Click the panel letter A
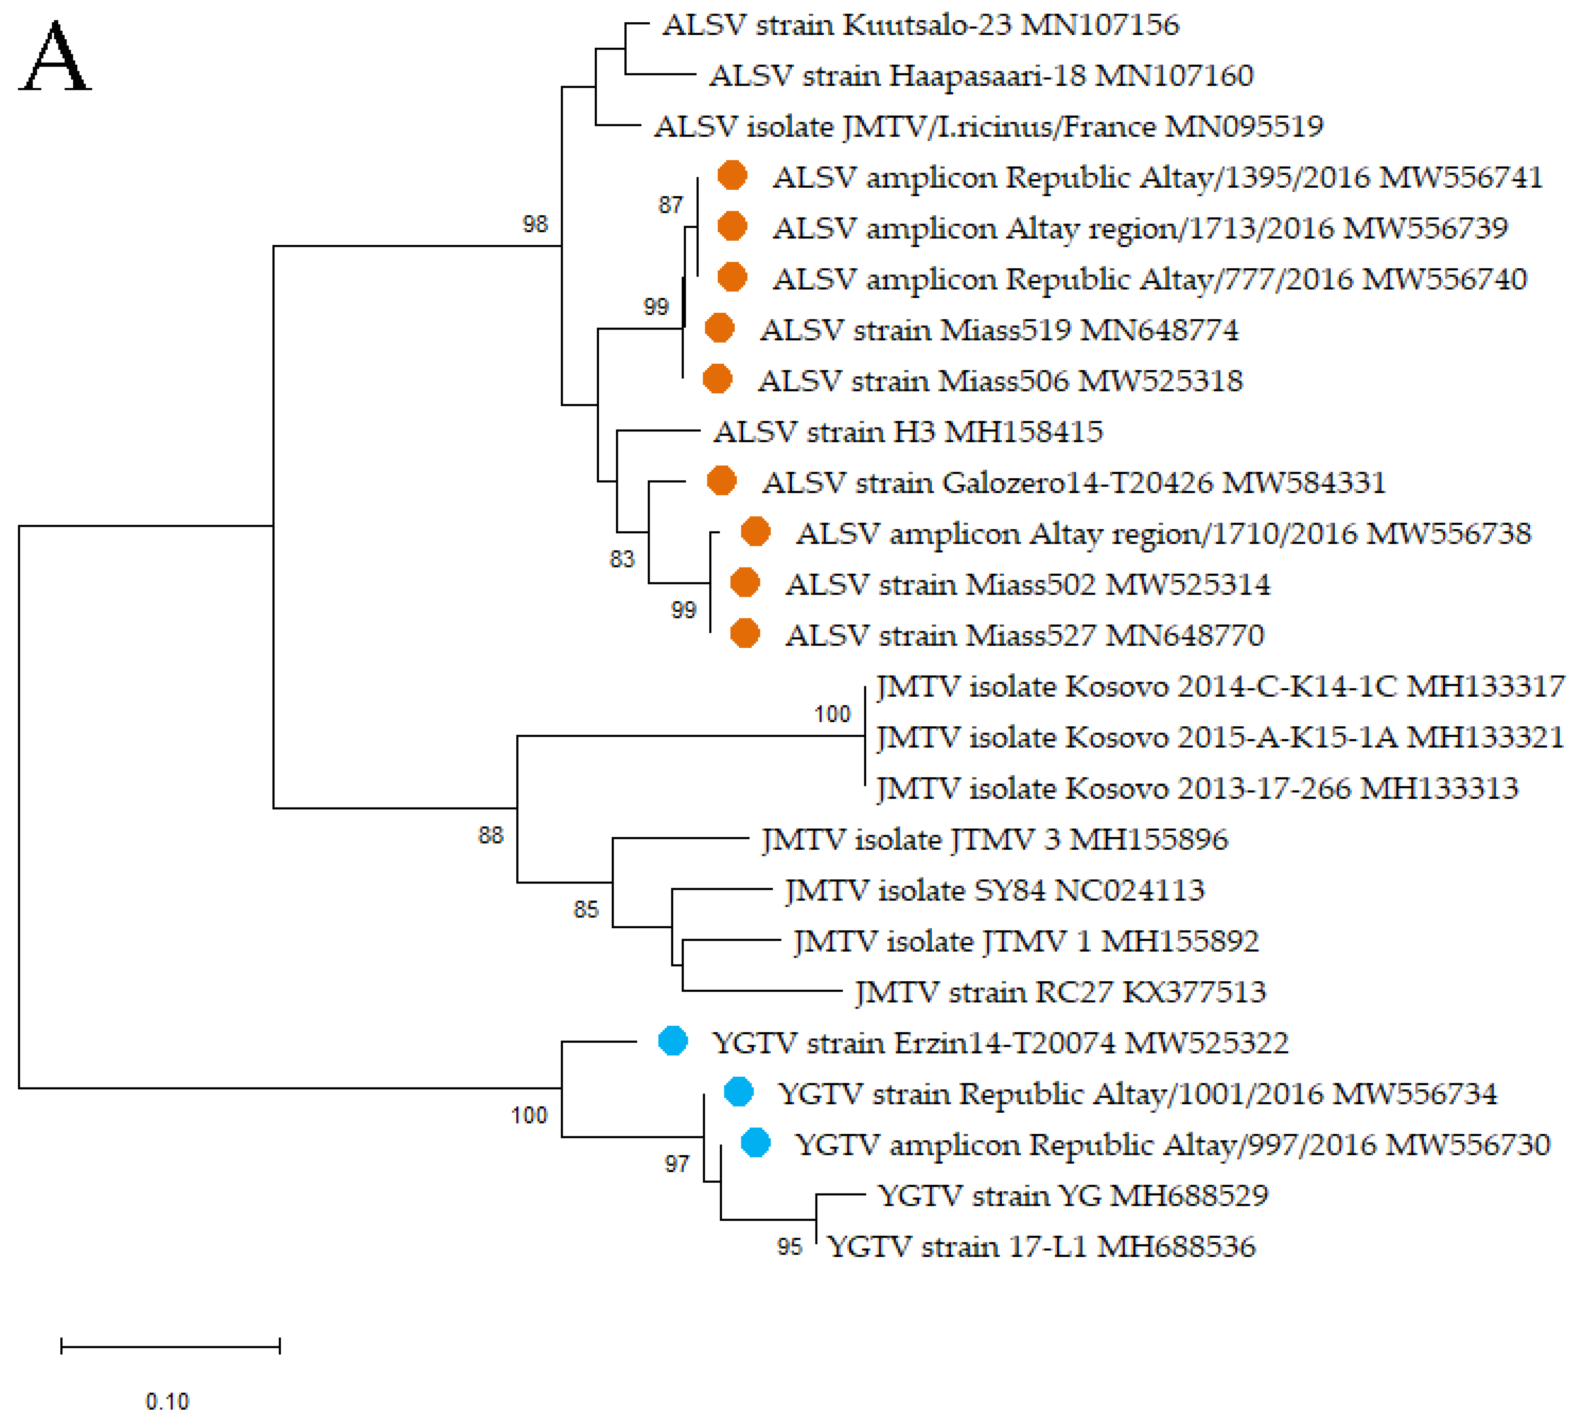[x=55, y=58]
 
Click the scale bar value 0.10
[x=167, y=1400]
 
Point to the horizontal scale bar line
[x=170, y=1345]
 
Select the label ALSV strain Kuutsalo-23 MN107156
[x=920, y=25]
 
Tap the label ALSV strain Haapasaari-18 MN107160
[x=981, y=76]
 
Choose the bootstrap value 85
[x=586, y=909]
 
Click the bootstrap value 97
[x=676, y=1164]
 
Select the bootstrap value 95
[x=790, y=1247]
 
